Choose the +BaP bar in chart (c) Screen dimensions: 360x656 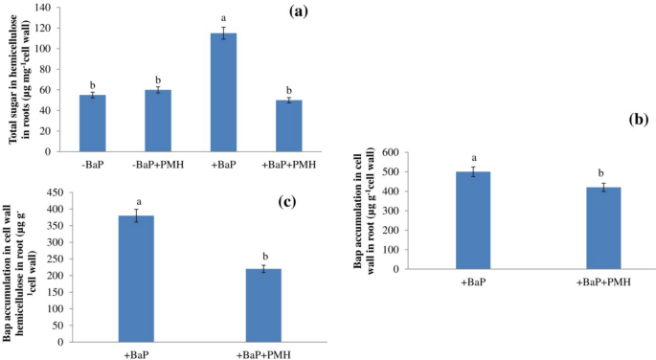tap(135, 279)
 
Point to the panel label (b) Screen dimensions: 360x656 tap(640, 122)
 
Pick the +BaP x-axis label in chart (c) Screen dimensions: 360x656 tap(135, 355)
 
